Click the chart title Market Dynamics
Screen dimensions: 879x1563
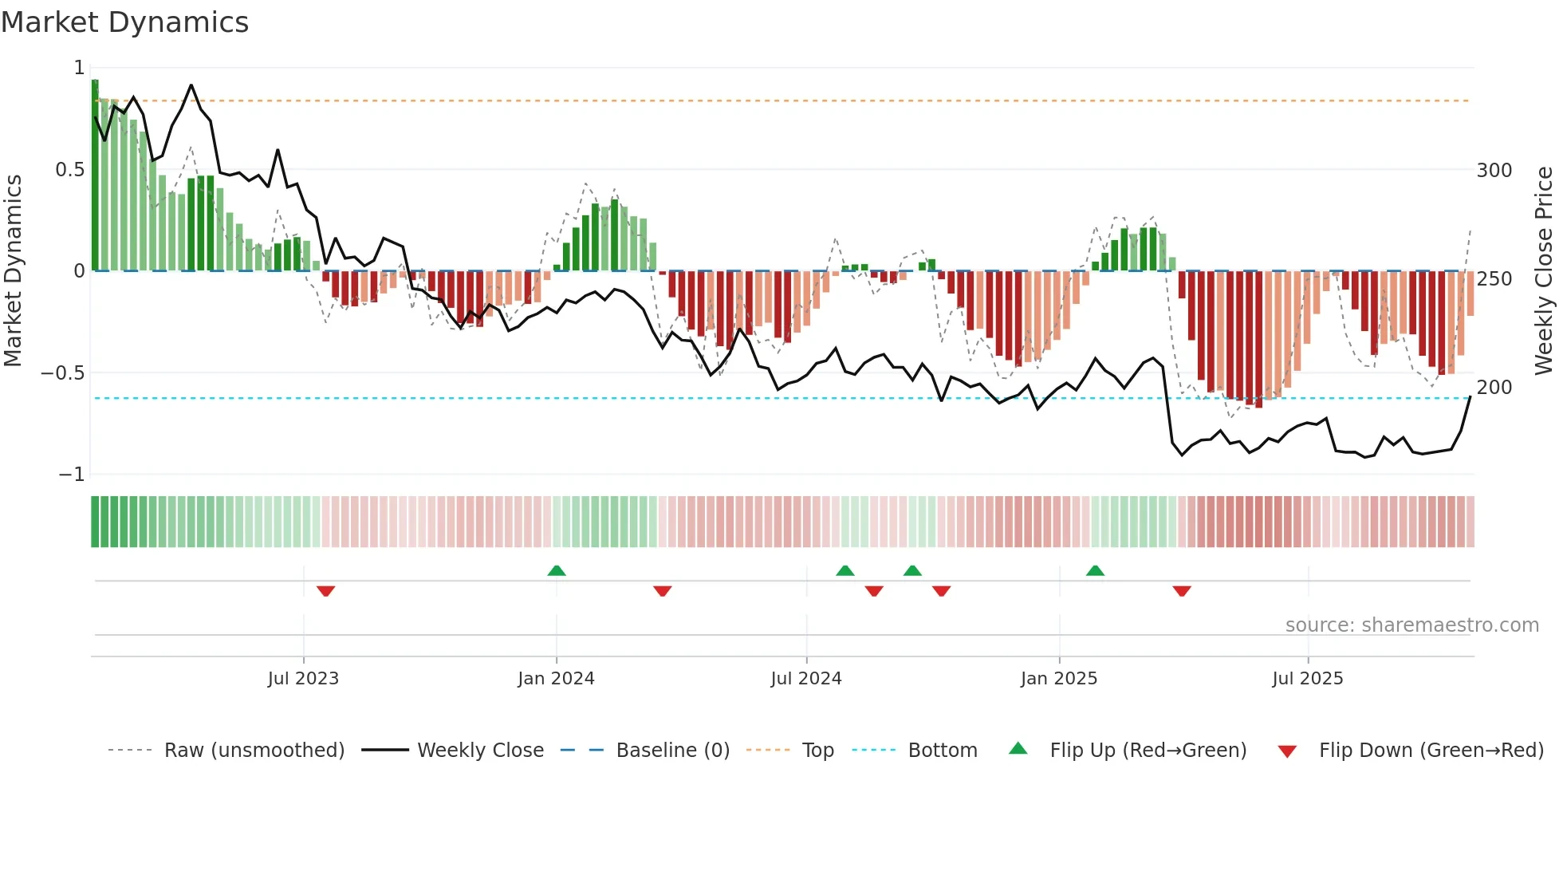[124, 22]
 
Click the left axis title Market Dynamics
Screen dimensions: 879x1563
[13, 270]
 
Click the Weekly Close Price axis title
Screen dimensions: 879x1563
[1544, 270]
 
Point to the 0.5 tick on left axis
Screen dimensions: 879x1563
[69, 169]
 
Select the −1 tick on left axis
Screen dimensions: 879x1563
[71, 475]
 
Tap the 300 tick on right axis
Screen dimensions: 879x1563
[1494, 171]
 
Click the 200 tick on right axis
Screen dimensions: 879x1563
[1494, 388]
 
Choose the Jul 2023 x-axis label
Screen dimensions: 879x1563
[303, 679]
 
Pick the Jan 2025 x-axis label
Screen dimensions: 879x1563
[1058, 679]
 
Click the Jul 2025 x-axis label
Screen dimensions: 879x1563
[1307, 679]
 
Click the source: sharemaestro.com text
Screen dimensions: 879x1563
[1411, 625]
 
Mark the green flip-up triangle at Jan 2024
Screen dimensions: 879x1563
[557, 571]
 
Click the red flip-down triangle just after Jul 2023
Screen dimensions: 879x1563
[325, 591]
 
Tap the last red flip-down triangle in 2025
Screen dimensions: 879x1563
[1182, 591]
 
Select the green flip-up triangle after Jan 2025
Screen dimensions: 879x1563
[1095, 571]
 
